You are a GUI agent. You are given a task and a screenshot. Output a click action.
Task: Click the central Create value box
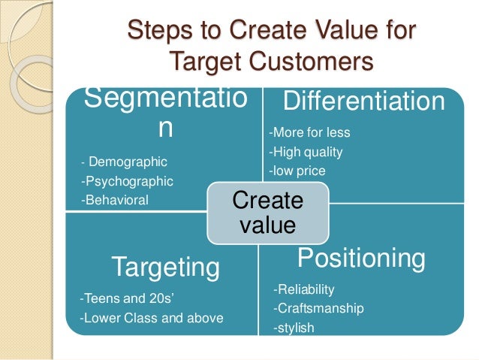tap(267, 213)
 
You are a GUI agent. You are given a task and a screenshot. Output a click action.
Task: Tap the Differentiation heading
tap(363, 101)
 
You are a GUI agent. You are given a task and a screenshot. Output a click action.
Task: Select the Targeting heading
tap(166, 266)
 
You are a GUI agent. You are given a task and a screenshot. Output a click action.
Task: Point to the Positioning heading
tap(361, 258)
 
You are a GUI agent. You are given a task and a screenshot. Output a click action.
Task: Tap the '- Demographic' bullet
tap(124, 162)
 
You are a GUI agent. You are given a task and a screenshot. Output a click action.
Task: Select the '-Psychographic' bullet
tap(127, 180)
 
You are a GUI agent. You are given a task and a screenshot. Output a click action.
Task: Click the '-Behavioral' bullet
tap(114, 199)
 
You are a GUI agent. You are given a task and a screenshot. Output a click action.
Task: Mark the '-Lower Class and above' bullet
tap(151, 318)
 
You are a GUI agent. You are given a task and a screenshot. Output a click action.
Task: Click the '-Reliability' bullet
tap(304, 289)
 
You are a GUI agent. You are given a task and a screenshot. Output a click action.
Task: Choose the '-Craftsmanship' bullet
tap(318, 308)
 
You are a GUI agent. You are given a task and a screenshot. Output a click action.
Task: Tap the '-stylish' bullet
tap(294, 328)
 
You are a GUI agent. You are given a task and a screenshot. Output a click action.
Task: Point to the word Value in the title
tap(339, 32)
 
